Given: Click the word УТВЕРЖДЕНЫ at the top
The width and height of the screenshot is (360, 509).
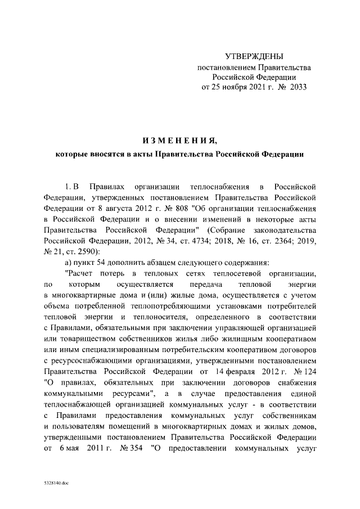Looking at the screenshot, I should (254, 56).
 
